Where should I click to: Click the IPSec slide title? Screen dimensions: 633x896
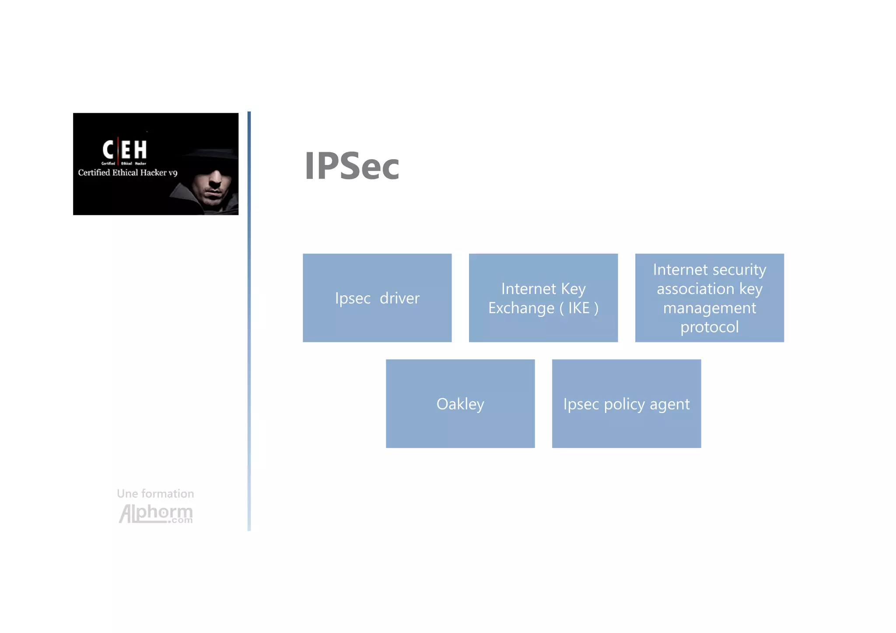point(352,166)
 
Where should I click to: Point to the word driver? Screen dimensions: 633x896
point(399,298)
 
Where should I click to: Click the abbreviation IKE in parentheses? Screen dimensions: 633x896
point(579,308)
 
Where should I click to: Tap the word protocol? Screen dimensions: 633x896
point(709,327)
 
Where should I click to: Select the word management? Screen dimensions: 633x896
point(709,308)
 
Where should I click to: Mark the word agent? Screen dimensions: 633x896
point(669,405)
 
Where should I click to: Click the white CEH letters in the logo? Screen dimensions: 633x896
point(125,150)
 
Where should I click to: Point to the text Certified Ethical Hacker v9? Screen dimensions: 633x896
point(128,173)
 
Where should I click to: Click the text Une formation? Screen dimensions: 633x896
point(155,493)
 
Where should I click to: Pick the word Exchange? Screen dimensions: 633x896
point(521,308)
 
